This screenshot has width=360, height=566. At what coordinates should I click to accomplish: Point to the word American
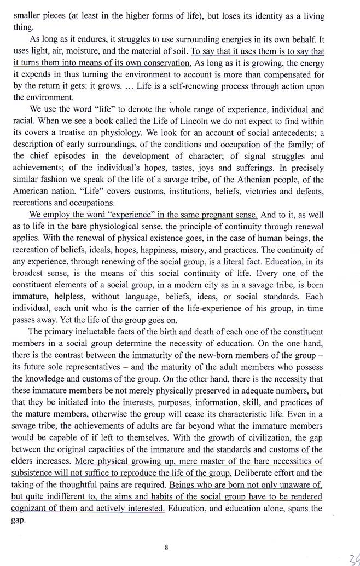click(33, 192)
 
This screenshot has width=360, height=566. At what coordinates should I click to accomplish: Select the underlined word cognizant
click(32, 509)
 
